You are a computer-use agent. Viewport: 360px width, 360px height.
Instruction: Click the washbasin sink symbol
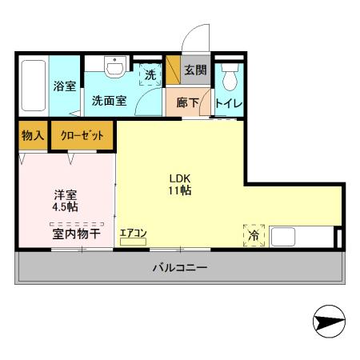click(x=117, y=67)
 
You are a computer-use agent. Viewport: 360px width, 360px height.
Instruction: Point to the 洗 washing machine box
click(x=150, y=74)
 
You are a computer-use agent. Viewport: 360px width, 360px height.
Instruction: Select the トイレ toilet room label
click(x=230, y=103)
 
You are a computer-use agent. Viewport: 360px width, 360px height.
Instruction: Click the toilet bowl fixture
click(x=230, y=77)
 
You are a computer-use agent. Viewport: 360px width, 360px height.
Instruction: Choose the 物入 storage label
click(x=33, y=136)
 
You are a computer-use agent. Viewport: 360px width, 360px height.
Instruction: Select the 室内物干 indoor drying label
click(x=66, y=234)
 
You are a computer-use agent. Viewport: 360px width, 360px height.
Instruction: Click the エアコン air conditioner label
click(x=133, y=233)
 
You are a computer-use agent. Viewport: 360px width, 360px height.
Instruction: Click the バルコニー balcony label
click(x=180, y=268)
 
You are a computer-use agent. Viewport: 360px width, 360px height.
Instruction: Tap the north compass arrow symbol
click(x=329, y=323)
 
